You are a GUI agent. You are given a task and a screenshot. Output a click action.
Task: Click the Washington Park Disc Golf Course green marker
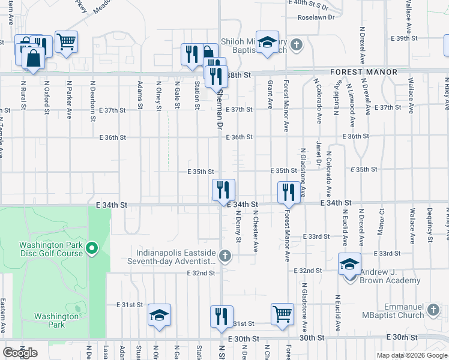point(92,248)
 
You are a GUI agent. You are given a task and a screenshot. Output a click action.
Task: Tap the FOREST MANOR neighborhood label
point(364,72)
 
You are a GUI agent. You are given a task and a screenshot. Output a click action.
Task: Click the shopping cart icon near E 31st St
point(282,313)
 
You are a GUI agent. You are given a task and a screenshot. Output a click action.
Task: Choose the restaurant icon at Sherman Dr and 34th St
point(223,190)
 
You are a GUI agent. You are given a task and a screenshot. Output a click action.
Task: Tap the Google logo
point(20,353)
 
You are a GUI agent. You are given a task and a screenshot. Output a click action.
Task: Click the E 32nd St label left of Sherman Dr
point(200,273)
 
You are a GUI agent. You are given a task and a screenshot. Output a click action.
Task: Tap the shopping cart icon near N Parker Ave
point(66,41)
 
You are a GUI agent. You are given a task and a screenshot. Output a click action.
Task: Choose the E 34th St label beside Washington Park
point(112,205)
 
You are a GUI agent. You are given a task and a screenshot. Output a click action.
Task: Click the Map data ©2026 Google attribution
point(411,355)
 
